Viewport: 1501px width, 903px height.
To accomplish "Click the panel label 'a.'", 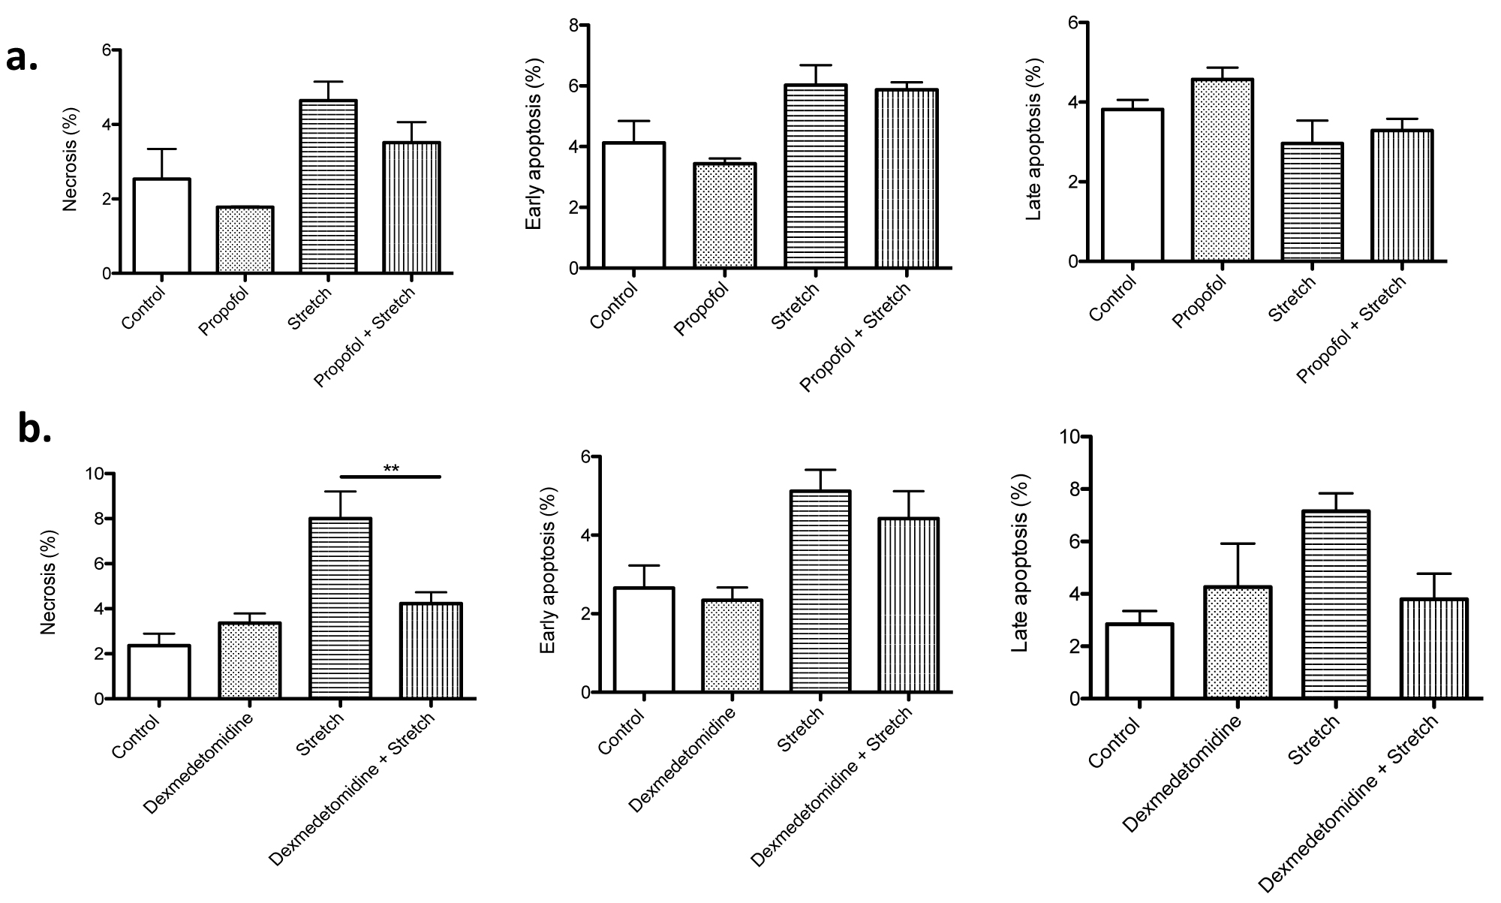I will click(x=22, y=59).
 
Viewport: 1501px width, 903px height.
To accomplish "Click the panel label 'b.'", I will click(x=35, y=431).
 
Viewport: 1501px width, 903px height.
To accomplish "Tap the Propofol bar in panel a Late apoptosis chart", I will click(x=1222, y=170).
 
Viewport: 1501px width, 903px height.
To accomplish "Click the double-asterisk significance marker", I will click(x=391, y=470).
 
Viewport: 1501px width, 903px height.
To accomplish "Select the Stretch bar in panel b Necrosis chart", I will click(x=341, y=608).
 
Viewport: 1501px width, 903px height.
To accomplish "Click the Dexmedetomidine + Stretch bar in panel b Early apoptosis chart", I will click(x=909, y=604).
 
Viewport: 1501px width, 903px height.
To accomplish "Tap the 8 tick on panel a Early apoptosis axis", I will click(x=574, y=26).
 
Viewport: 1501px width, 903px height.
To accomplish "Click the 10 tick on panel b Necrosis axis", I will click(x=95, y=474).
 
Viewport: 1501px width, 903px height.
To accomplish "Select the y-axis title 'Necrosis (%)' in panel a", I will click(x=70, y=163).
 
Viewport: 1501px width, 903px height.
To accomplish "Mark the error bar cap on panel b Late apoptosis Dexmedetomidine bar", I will click(x=1236, y=543).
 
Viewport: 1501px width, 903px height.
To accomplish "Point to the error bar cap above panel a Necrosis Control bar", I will click(x=161, y=149).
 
